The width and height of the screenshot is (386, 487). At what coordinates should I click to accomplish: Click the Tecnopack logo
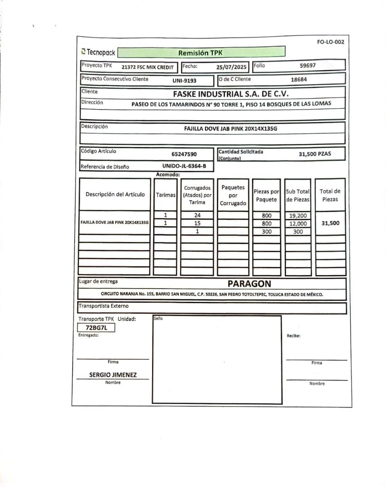[98, 52]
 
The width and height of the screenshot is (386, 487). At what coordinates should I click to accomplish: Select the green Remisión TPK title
[200, 52]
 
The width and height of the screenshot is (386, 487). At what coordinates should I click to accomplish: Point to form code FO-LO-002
[330, 42]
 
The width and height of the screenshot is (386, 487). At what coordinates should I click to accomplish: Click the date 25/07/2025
[232, 67]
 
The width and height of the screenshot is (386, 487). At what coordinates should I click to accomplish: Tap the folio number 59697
[308, 65]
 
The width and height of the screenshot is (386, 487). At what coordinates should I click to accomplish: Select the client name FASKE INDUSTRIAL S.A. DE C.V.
[231, 94]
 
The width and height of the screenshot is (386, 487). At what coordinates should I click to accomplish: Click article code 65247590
[184, 154]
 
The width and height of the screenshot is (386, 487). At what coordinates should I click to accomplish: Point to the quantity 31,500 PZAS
[315, 154]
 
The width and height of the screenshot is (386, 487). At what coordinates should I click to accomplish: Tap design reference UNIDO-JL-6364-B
[184, 166]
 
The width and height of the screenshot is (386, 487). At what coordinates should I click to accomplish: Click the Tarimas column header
[165, 195]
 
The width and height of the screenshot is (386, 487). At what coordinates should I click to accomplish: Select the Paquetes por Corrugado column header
[233, 195]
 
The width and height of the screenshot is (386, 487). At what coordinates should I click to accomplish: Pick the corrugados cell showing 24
[197, 215]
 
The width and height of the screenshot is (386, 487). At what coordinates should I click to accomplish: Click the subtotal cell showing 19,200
[298, 216]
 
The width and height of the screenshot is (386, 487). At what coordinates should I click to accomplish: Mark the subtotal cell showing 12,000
[298, 223]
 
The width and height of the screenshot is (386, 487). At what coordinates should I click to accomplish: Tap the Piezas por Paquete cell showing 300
[267, 231]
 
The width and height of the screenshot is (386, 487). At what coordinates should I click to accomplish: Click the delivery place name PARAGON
[249, 284]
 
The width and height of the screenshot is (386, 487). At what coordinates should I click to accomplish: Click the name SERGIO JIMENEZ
[113, 375]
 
